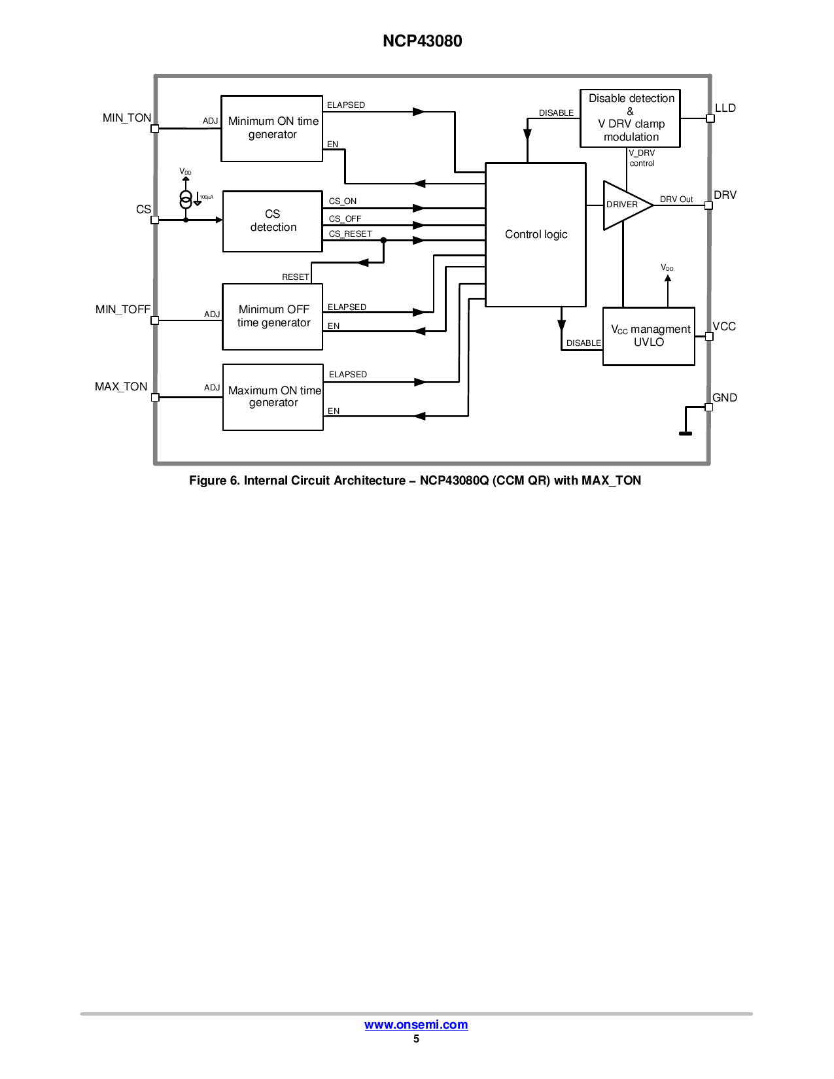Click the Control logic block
(x=535, y=235)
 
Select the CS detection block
(x=273, y=221)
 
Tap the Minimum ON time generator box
(x=272, y=128)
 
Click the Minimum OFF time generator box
(x=273, y=317)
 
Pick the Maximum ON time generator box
(x=273, y=397)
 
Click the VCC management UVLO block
(x=649, y=336)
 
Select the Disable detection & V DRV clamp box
(x=631, y=118)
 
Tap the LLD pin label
(x=725, y=109)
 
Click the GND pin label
(x=725, y=398)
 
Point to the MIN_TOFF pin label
(x=123, y=309)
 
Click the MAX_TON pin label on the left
(x=121, y=386)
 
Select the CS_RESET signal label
(x=350, y=234)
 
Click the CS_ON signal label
(x=343, y=201)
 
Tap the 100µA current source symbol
(x=186, y=199)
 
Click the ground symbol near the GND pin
(x=686, y=432)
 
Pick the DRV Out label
(x=676, y=199)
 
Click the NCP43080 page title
(x=423, y=41)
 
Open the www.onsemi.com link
(x=416, y=1025)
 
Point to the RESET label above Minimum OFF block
(x=295, y=277)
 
